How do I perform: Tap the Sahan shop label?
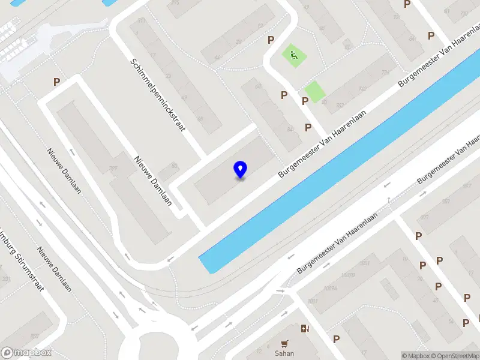[284, 353]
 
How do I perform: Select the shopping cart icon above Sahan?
[284, 344]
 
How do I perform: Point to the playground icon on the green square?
[294, 56]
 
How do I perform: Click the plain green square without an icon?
[314, 92]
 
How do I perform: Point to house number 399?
[112, 167]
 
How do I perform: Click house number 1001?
[364, 263]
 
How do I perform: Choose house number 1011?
[313, 301]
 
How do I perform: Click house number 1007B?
[349, 275]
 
